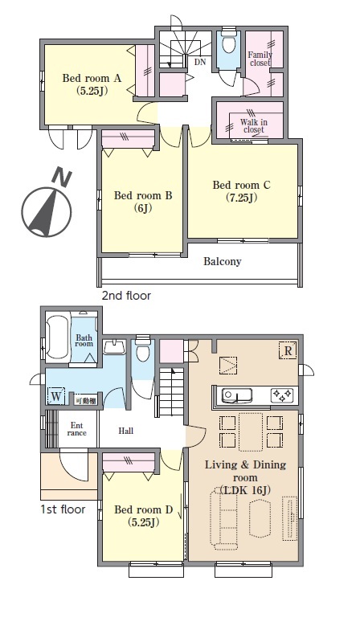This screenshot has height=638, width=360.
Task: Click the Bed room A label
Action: point(92,84)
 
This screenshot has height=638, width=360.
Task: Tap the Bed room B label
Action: point(143,202)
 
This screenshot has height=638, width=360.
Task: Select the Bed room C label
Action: point(242,191)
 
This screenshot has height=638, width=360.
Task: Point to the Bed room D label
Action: point(143,516)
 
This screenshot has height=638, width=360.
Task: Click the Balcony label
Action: point(222,261)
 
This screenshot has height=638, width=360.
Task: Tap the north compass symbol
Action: point(47,207)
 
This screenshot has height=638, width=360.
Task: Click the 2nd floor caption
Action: point(126,296)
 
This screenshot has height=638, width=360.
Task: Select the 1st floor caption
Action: point(63,509)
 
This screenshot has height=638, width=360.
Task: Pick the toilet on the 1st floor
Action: point(142,349)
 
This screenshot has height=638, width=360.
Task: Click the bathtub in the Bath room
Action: point(57,336)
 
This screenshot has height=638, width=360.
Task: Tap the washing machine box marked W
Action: point(56,396)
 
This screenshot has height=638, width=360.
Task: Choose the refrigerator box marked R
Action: point(288,350)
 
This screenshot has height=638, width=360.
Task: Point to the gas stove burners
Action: point(282,395)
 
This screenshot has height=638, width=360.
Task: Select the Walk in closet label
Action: point(254,125)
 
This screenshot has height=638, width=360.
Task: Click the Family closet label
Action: point(260,59)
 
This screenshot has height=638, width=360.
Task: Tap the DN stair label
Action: point(200,62)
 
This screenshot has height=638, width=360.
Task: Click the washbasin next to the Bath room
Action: point(116,346)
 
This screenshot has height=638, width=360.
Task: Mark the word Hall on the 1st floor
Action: point(126,431)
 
